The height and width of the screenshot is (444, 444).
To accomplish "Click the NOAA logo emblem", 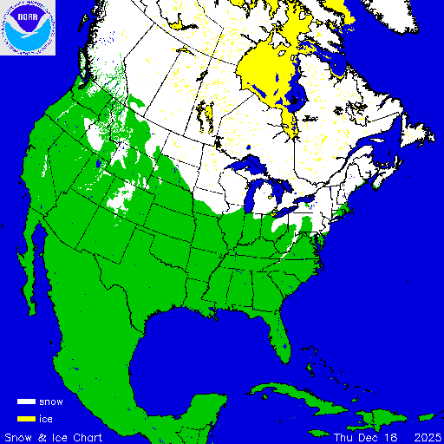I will pyautogui.click(x=28, y=29).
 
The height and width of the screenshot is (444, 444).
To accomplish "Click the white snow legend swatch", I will pyautogui.click(x=26, y=402).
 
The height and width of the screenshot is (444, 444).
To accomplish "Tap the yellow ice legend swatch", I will pyautogui.click(x=26, y=418).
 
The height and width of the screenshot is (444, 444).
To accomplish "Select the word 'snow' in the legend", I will pyautogui.click(x=51, y=402).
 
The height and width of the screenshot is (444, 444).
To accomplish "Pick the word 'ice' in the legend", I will pyautogui.click(x=46, y=418).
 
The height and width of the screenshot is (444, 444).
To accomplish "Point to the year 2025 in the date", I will pyautogui.click(x=425, y=435).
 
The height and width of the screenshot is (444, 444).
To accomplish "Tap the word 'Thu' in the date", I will pyautogui.click(x=344, y=435).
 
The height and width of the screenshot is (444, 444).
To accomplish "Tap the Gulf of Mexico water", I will pyautogui.click(x=191, y=347).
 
